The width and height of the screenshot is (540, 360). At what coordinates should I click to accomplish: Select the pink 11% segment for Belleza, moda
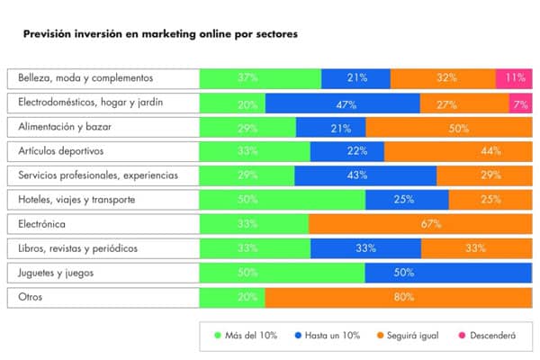coord(514,78)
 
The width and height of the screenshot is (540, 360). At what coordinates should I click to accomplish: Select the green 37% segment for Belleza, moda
coord(260,78)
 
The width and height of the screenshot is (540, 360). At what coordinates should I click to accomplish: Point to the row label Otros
coord(31,296)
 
